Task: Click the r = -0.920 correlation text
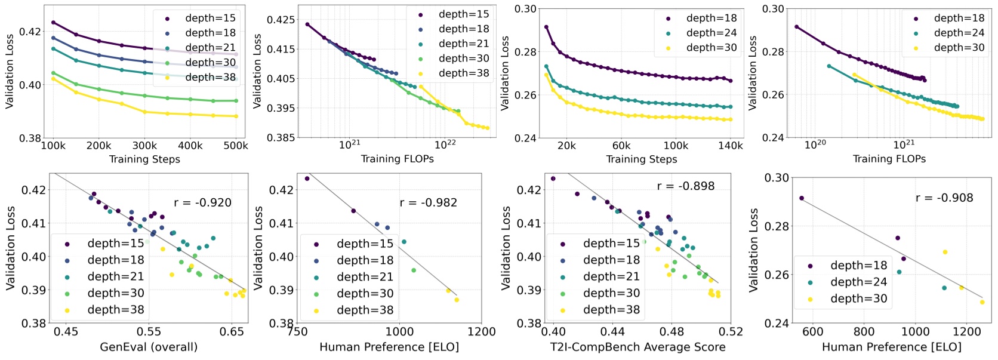[x=202, y=202]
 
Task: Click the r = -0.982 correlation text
[x=428, y=202]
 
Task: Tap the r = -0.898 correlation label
[x=685, y=186]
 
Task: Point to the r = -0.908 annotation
[x=944, y=198]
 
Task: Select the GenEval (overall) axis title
[x=149, y=347]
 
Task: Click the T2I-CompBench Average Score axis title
[x=637, y=347]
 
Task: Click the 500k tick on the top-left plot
[x=236, y=146]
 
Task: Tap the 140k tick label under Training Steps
[x=731, y=146]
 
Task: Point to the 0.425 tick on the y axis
[x=281, y=20]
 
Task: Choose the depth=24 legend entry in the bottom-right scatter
[x=858, y=282]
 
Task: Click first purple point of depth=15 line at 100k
[x=53, y=23]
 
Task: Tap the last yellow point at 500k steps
[x=236, y=116]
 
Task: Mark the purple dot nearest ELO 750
[x=307, y=179]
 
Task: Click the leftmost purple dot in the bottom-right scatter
[x=801, y=198]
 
